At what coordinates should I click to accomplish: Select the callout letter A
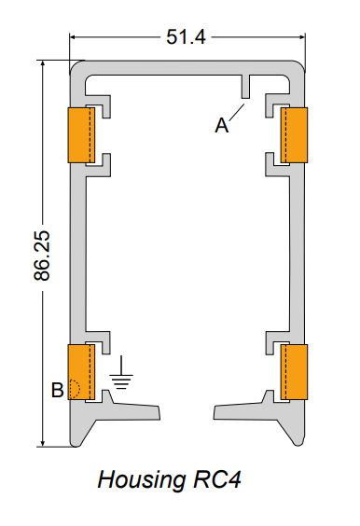(x=222, y=126)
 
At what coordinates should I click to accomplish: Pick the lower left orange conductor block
(x=79, y=371)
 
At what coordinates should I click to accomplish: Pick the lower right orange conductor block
(x=295, y=371)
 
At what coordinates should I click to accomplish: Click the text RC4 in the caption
(x=221, y=480)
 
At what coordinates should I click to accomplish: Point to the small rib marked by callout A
(x=246, y=90)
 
